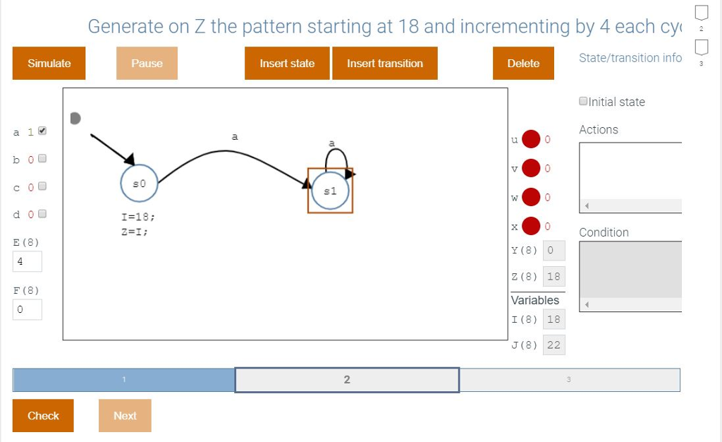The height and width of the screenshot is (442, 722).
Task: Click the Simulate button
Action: [49, 64]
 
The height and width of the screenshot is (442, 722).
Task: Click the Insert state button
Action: [287, 64]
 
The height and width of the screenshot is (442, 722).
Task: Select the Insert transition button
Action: [385, 64]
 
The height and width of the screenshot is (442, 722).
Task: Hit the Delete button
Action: [523, 64]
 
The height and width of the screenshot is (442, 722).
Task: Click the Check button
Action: [43, 416]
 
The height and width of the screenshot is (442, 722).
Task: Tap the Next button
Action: [125, 416]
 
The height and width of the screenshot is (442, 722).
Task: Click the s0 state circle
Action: [139, 184]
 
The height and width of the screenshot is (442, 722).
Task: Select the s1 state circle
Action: [329, 191]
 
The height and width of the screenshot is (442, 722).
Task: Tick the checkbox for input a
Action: [42, 131]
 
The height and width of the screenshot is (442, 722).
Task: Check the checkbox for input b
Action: [42, 159]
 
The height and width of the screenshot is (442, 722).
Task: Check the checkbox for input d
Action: [42, 213]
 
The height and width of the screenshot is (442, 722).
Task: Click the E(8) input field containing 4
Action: [27, 261]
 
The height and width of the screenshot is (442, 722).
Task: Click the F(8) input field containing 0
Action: [27, 309]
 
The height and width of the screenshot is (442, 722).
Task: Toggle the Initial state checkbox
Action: [583, 102]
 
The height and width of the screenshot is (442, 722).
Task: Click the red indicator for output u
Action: [531, 140]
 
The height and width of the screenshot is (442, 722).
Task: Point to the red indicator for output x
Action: [531, 226]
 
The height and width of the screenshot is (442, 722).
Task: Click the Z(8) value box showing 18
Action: [553, 277]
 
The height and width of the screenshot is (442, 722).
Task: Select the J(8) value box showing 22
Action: [553, 345]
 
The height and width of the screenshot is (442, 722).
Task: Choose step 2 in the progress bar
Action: [347, 380]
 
